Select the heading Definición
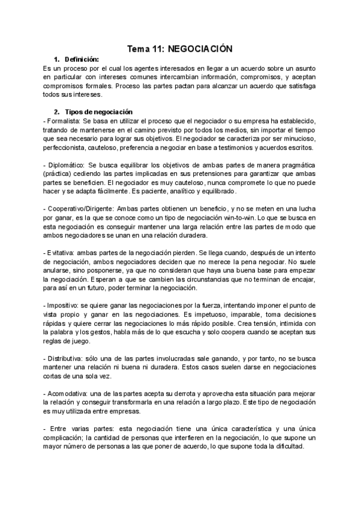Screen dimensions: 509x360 coord(82,59)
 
